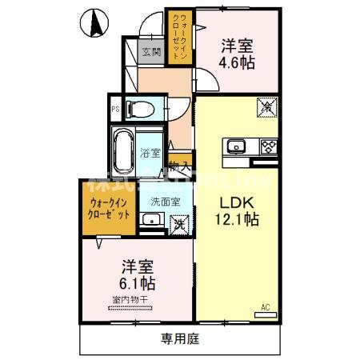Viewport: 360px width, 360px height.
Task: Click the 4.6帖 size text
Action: [x=238, y=62]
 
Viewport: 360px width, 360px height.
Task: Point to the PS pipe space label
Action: [x=116, y=110]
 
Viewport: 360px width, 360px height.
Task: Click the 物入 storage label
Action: [x=179, y=167]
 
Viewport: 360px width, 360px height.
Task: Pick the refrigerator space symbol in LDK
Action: [x=266, y=105]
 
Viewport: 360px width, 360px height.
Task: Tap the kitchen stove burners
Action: [x=266, y=146]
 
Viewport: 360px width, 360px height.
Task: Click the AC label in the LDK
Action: [x=266, y=306]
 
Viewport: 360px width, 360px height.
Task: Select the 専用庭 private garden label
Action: [x=180, y=339]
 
